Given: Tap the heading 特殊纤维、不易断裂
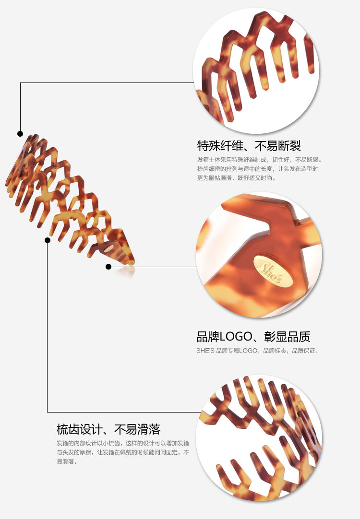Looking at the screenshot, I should pyautogui.click(x=249, y=145).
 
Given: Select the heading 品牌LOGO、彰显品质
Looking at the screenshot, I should pyautogui.click(x=253, y=336).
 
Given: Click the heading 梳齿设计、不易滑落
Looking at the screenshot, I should pyautogui.click(x=108, y=428).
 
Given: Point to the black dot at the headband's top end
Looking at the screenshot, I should pyautogui.click(x=20, y=133).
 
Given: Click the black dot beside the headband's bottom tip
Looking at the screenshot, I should pyautogui.click(x=108, y=266).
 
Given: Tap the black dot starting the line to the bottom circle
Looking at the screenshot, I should pyautogui.click(x=47, y=240).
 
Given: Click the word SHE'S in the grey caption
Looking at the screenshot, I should pyautogui.click(x=205, y=351).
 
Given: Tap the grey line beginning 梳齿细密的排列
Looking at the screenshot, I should pyautogui.click(x=257, y=169).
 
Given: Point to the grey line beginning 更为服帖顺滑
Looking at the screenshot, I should pyautogui.click(x=237, y=178).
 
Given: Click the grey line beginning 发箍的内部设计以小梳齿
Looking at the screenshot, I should pyautogui.click(x=123, y=443).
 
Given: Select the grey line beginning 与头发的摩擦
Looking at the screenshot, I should pyautogui.click(x=123, y=452).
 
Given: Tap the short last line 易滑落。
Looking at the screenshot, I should pyautogui.click(x=67, y=461).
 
